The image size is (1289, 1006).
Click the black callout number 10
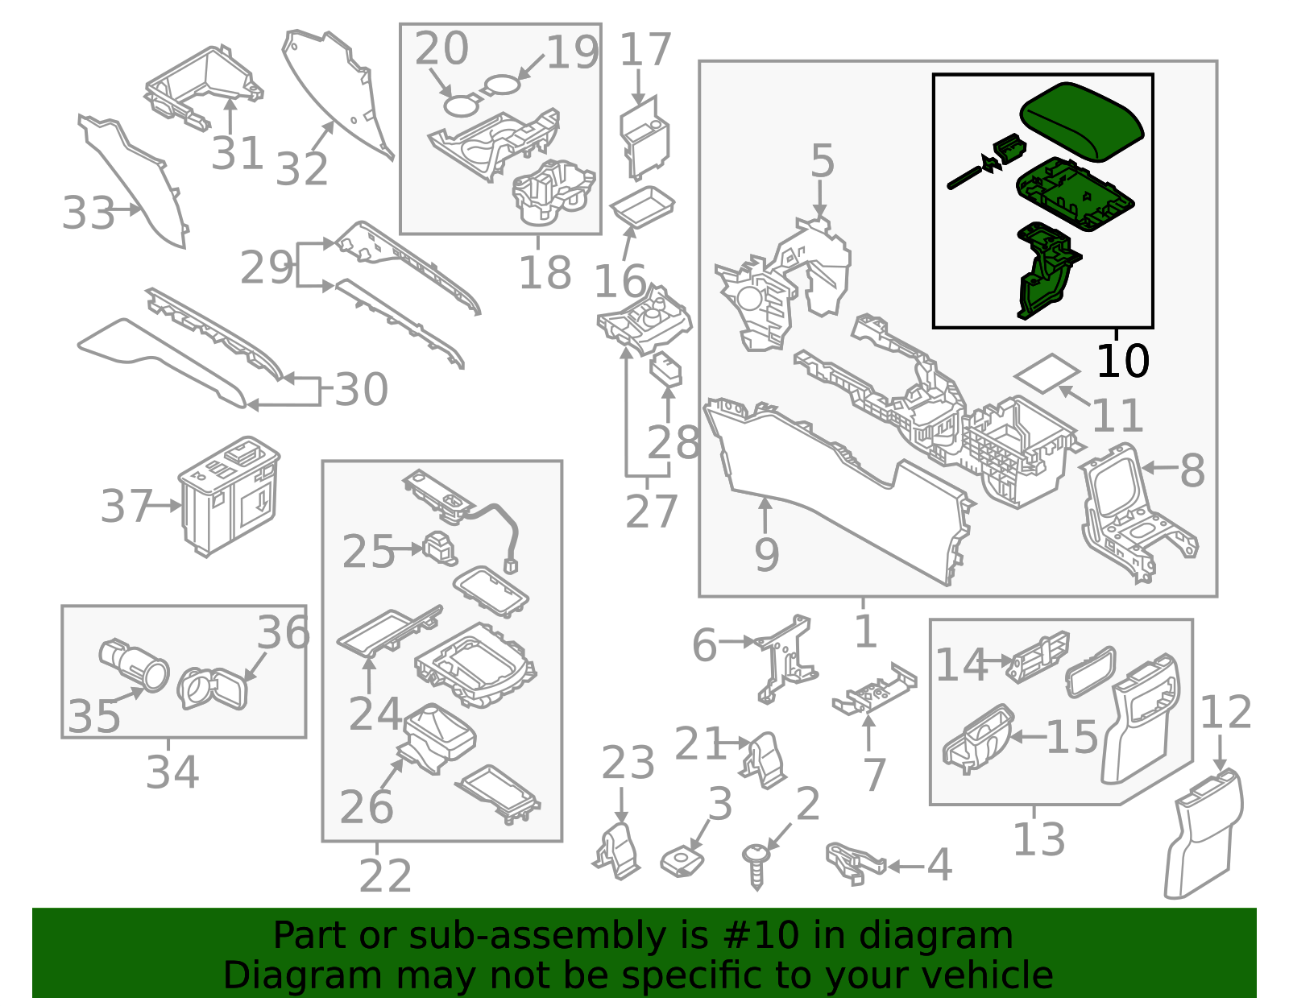coord(1122,361)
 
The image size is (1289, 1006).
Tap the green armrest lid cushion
coord(1082,121)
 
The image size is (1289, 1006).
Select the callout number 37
coord(126,507)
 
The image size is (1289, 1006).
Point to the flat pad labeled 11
coord(1046,373)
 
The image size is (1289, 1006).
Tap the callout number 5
coord(822,161)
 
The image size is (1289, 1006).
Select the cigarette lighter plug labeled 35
coord(134,664)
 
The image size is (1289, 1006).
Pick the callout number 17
coord(644,50)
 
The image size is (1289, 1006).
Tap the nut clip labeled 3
coord(682,862)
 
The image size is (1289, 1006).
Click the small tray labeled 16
coord(642,208)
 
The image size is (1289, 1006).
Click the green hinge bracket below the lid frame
coord(1046,274)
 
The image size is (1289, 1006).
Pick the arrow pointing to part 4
coord(905,867)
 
